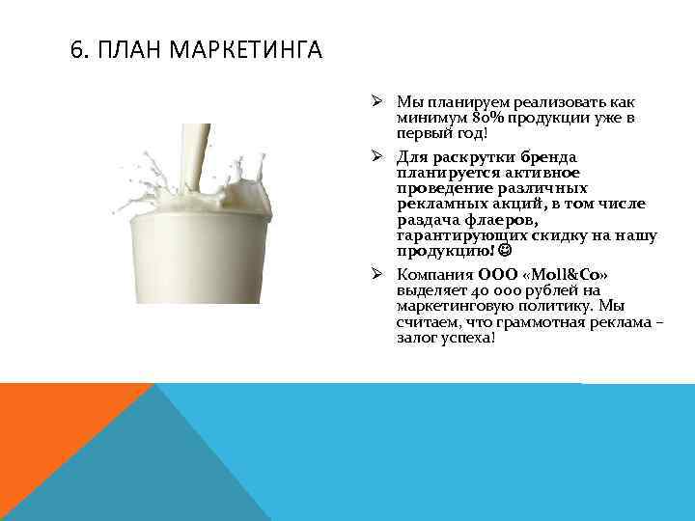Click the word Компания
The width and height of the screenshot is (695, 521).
coord(434,275)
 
